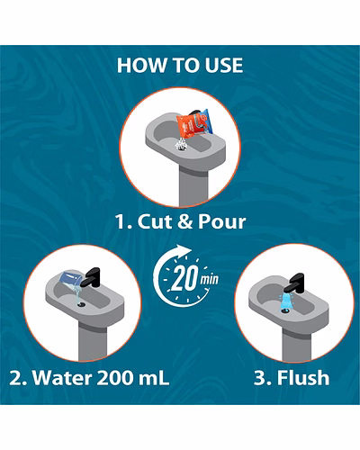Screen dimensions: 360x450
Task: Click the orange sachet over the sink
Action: [x=195, y=123]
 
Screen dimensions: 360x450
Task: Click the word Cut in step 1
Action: [x=154, y=221]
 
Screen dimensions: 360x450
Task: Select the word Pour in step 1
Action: [x=222, y=221]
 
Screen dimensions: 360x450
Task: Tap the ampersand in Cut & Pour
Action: [x=184, y=221]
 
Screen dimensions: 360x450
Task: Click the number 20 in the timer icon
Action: [x=185, y=278]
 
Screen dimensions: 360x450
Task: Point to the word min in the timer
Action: [x=210, y=279]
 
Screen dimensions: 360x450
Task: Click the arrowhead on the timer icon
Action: [x=183, y=250]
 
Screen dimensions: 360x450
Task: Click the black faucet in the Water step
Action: [x=91, y=277]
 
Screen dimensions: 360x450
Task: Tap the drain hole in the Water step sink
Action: [x=81, y=304]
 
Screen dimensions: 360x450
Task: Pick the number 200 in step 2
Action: [x=115, y=377]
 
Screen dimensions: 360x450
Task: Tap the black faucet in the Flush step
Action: [x=294, y=283]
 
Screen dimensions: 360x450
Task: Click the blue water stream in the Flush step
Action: [x=287, y=301]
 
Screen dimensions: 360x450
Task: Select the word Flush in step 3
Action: [x=303, y=377]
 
